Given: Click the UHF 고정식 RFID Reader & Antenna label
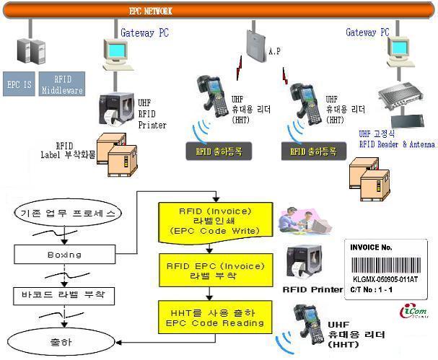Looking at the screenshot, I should click(396, 139).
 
